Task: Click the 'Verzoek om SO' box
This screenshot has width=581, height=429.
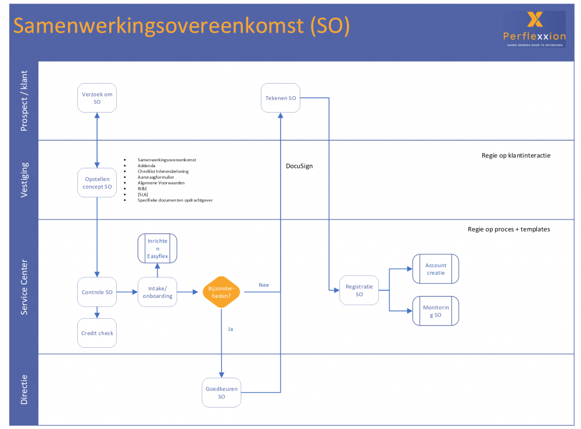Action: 97,98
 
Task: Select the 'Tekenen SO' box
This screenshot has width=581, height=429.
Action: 281,98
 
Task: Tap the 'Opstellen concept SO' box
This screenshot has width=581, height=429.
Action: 97,183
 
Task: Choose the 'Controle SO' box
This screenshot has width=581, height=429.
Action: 97,292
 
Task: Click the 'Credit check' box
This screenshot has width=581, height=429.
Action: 97,333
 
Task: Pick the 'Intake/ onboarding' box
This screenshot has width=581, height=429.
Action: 157,292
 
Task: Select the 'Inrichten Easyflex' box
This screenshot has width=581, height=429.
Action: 157,248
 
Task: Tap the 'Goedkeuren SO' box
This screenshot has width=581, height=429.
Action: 221,392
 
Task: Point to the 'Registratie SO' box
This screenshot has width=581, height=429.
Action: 359,290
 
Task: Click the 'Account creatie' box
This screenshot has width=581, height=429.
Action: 436,269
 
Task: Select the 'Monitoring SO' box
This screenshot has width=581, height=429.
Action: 436,311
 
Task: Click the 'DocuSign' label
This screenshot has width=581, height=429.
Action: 299,166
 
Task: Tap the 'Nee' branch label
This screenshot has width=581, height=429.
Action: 264,285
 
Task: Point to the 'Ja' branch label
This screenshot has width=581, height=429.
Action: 230,329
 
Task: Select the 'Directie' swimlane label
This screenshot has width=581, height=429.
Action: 24,388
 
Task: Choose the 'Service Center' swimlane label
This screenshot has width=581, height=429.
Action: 24,287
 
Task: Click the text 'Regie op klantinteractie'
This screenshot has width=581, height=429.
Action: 516,156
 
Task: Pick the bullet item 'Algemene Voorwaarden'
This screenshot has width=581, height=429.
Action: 161,183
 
